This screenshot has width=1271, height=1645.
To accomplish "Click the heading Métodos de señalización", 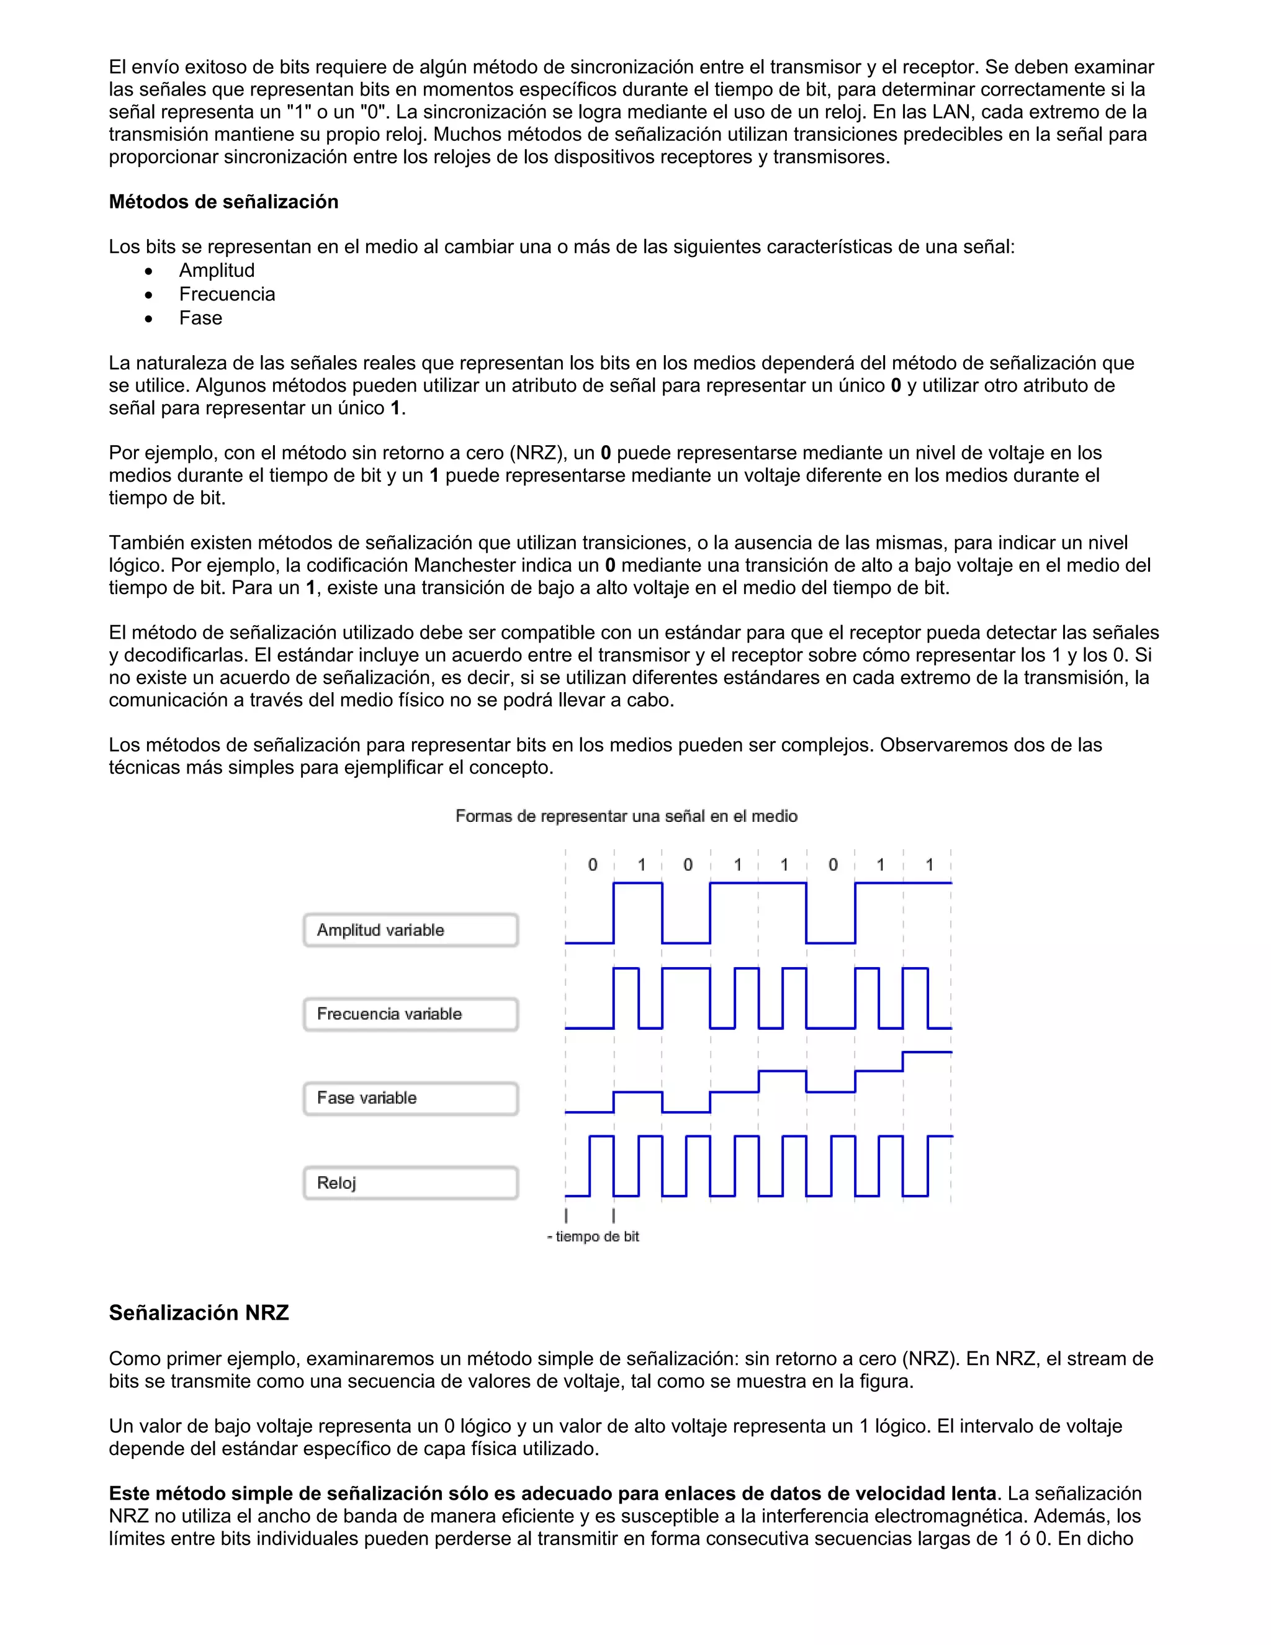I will (x=223, y=202).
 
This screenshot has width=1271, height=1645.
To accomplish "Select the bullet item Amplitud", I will (x=217, y=271).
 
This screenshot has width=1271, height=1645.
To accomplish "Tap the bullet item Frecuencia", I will (x=227, y=294).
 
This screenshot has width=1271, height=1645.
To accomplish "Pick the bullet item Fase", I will (x=200, y=318).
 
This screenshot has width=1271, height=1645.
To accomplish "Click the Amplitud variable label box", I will (x=410, y=931).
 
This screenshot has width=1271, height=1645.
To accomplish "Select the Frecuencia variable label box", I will (x=410, y=1014).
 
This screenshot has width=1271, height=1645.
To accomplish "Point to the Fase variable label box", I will (x=410, y=1098).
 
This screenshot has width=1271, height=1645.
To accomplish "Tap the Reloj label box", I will (x=410, y=1183).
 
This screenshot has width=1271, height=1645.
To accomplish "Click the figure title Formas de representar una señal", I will (x=626, y=816).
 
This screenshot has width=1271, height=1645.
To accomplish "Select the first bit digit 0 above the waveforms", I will (x=593, y=865).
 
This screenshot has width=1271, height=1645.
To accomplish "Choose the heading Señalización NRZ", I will (x=199, y=1313).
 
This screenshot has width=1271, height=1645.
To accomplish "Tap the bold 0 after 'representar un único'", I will (x=896, y=386).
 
